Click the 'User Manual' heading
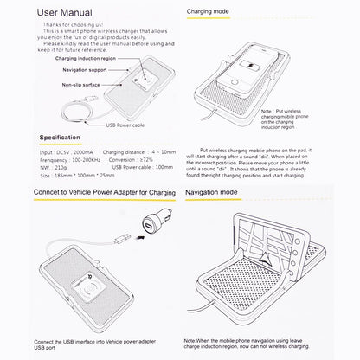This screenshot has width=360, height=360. [56, 13]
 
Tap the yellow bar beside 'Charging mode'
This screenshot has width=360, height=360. [193, 15]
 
